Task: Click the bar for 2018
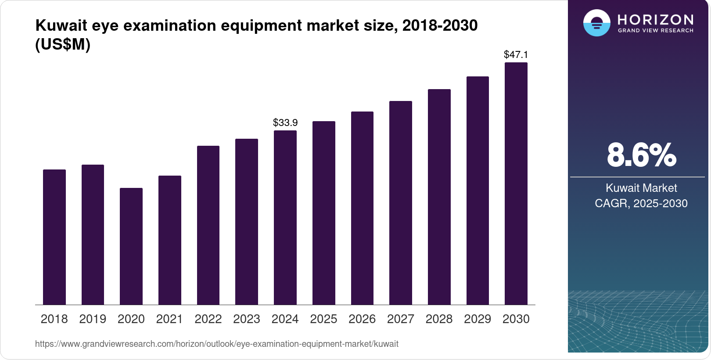(54, 237)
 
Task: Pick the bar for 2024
(285, 217)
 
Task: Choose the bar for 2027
(400, 203)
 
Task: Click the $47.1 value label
(516, 54)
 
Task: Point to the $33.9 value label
(285, 122)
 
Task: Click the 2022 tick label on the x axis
(208, 319)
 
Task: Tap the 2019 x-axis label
(93, 319)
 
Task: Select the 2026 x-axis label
(362, 319)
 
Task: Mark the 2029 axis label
(478, 319)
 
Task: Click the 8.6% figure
(641, 155)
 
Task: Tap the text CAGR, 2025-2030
(641, 203)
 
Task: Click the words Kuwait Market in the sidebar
(641, 188)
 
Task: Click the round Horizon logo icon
(596, 23)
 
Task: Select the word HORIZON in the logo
(656, 19)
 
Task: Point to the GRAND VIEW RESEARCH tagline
(656, 30)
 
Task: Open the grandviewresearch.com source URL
(216, 344)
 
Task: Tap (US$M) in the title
(63, 44)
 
